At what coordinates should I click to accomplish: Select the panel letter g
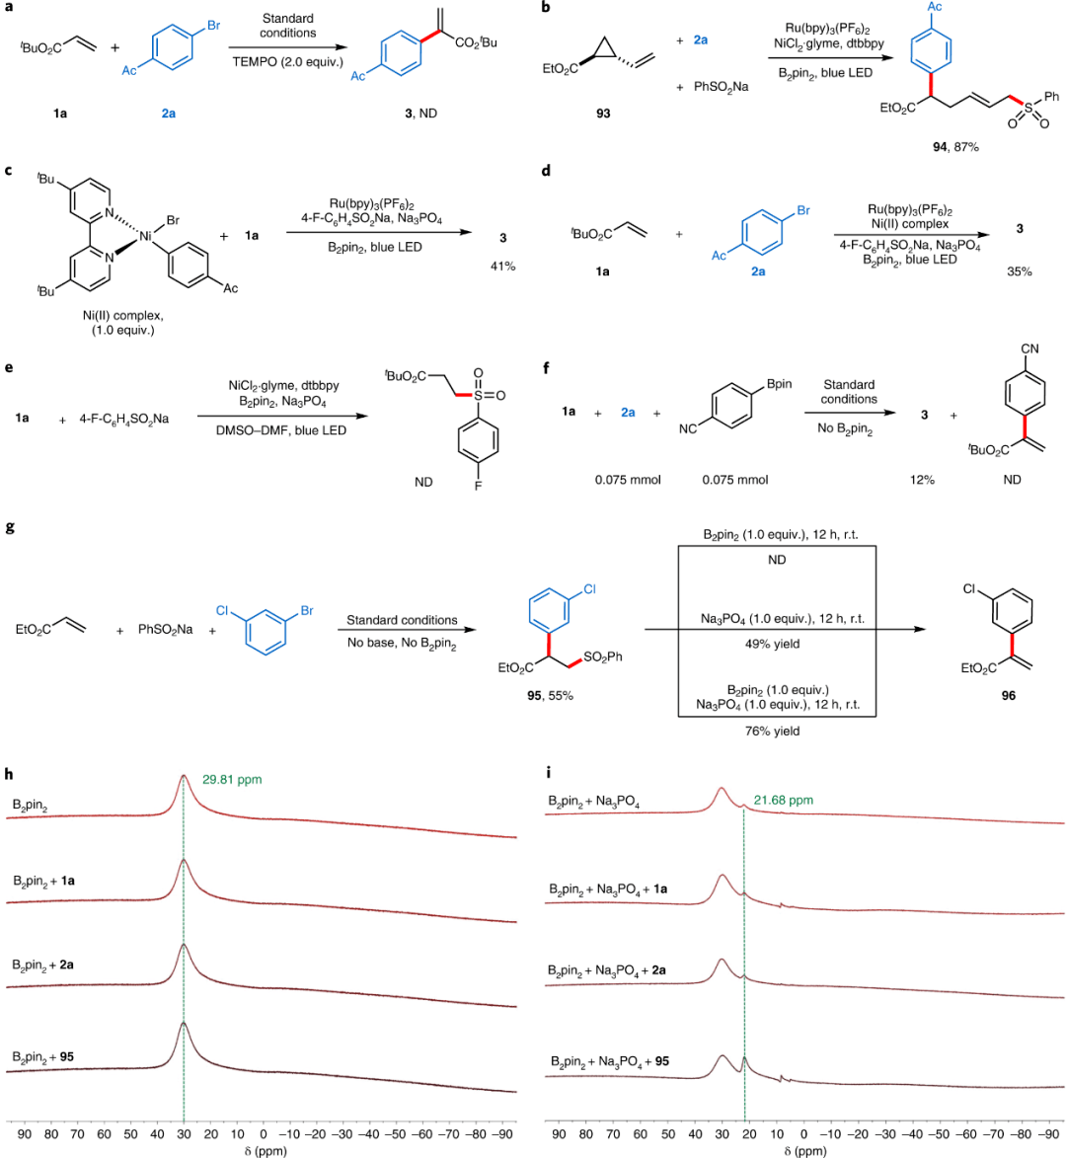click(x=10, y=527)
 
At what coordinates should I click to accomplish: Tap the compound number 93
click(x=603, y=114)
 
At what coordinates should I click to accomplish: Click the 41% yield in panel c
click(x=503, y=267)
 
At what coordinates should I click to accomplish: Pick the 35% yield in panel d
click(x=1019, y=271)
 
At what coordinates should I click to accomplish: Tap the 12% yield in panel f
click(x=923, y=480)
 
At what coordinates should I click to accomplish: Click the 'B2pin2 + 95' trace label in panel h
click(x=43, y=1057)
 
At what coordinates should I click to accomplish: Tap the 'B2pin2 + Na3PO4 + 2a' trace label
click(x=607, y=970)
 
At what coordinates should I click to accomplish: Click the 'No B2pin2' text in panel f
click(x=848, y=427)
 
